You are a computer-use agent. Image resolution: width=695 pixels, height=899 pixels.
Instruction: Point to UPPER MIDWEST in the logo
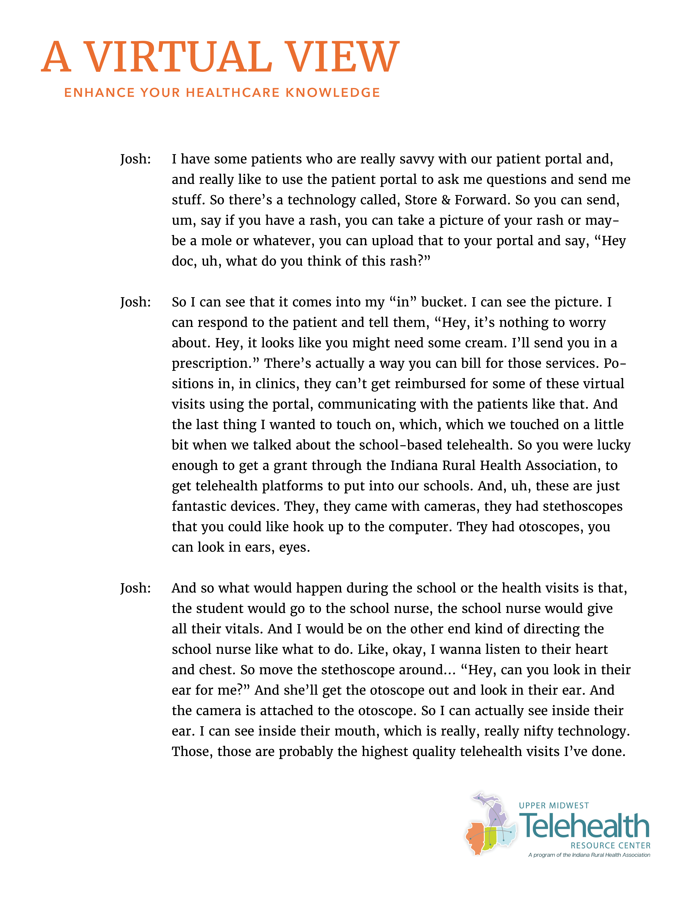[x=554, y=806]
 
